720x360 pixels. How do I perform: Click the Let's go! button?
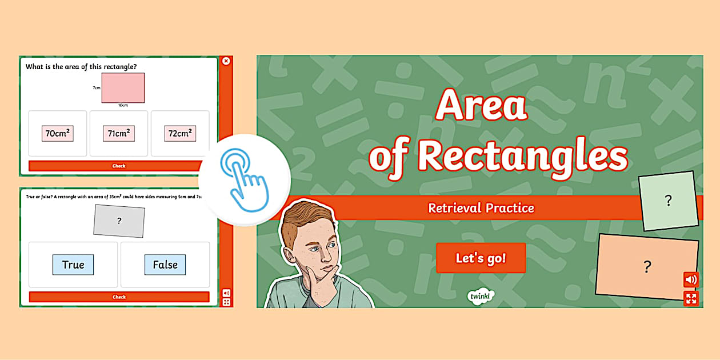pyautogui.click(x=481, y=258)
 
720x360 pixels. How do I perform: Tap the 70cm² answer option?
pyautogui.click(x=58, y=133)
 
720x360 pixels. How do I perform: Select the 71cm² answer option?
pyautogui.click(x=119, y=133)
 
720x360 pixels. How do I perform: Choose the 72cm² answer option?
pyautogui.click(x=180, y=133)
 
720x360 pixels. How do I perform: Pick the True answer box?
pyautogui.click(x=73, y=265)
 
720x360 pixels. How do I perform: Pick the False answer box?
pyautogui.click(x=165, y=265)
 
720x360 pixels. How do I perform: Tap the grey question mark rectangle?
pyautogui.click(x=119, y=221)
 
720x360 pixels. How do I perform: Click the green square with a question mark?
pyautogui.click(x=668, y=201)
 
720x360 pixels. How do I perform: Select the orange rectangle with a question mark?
pyautogui.click(x=647, y=266)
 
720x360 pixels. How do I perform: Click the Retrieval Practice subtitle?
pyautogui.click(x=481, y=208)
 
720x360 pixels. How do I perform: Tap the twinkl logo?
pyautogui.click(x=481, y=295)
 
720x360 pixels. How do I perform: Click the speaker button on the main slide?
pyautogui.click(x=691, y=279)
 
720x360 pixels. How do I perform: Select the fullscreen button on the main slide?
pyautogui.click(x=691, y=298)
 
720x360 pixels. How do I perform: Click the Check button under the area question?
pyautogui.click(x=119, y=166)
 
